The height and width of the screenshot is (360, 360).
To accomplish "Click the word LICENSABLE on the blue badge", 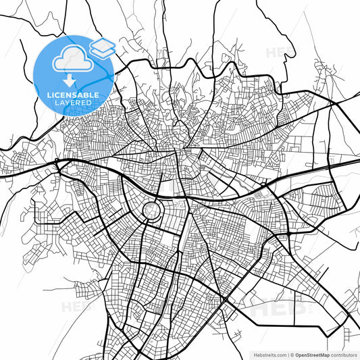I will (72, 95).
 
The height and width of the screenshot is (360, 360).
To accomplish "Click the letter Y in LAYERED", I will (68, 103).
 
